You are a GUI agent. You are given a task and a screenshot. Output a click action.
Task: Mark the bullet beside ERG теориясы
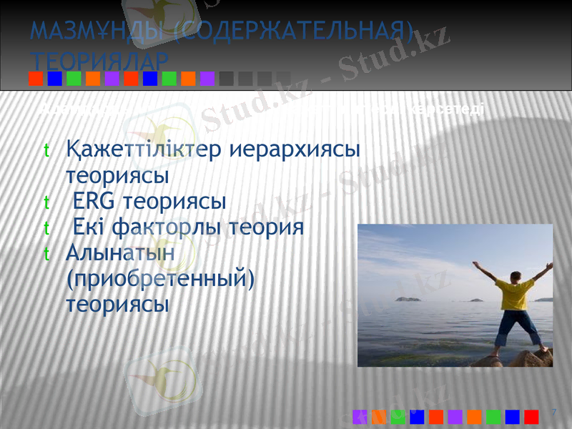[x=46, y=202]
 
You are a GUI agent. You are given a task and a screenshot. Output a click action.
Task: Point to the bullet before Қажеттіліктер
[x=46, y=152]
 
